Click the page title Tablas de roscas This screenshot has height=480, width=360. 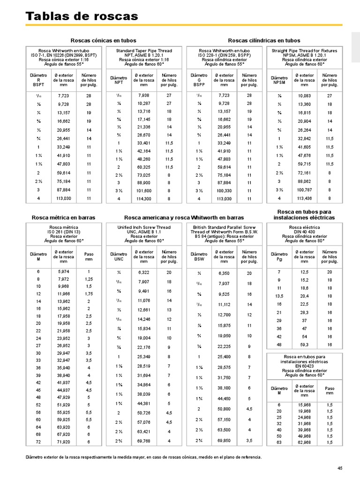(x=82, y=16)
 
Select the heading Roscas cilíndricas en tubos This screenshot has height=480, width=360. (x=264, y=41)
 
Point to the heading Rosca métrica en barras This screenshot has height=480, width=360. (x=63, y=217)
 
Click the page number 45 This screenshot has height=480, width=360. (x=340, y=468)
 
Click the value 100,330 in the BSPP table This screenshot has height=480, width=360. (x=224, y=191)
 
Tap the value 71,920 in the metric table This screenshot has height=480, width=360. (x=64, y=442)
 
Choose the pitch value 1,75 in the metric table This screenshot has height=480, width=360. (x=89, y=293)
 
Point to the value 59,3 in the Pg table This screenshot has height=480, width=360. (x=304, y=345)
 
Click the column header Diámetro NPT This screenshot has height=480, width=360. (x=119, y=80)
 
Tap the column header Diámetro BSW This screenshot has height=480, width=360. (x=199, y=256)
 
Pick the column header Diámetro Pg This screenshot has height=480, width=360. (x=279, y=256)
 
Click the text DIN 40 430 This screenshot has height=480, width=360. (x=304, y=232)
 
